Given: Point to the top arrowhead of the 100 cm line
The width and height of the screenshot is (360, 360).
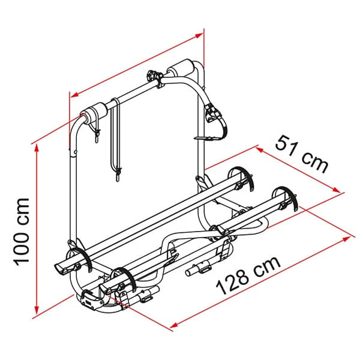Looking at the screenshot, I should pyautogui.click(x=37, y=147).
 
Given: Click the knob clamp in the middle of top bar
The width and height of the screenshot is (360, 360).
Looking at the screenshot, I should pyautogui.click(x=153, y=77).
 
